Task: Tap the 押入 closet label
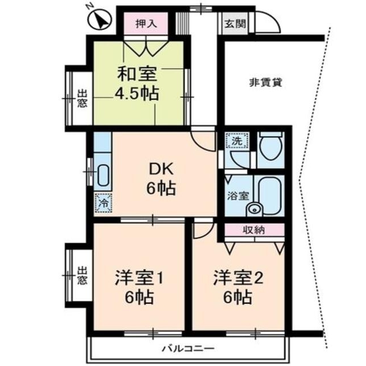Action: point(147,23)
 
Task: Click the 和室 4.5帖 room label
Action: point(138,83)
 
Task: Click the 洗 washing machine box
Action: point(235,140)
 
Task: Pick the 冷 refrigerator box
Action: point(103,202)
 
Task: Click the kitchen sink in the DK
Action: point(102,175)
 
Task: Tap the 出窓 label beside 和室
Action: point(82,100)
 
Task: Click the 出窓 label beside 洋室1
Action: point(82,276)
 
